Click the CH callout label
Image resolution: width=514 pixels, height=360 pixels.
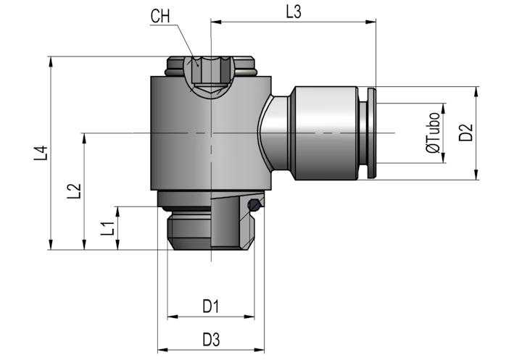pos(160,16)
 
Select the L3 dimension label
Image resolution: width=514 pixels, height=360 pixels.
pos(294,12)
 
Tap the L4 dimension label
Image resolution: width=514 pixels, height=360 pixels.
pos(41,153)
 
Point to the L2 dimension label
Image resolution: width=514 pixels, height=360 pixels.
pos(74,191)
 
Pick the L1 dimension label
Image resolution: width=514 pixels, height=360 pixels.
pos(107,228)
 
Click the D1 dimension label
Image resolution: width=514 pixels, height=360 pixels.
pos(210,306)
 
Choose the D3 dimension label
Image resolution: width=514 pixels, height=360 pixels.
pos(211,340)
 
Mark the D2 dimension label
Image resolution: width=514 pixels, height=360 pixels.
pos(466,133)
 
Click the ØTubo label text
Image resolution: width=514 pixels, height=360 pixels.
pos(433,133)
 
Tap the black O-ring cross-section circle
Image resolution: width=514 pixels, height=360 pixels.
pos(254,206)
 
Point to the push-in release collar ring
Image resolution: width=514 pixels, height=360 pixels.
pos(372,133)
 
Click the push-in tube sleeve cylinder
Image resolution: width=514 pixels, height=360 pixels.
pos(326,133)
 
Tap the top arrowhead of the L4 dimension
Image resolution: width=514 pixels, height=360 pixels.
pos(51,62)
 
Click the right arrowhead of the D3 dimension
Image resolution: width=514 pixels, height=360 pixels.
pos(260,350)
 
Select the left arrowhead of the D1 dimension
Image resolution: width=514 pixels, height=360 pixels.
pos(173,317)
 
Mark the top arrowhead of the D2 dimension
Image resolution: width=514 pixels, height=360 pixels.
pos(477,91)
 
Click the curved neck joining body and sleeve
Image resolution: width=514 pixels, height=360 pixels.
pos(275,133)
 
